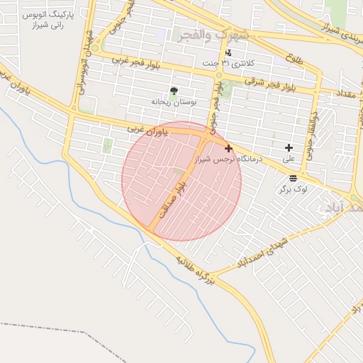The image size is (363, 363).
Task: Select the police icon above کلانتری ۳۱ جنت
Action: click(x=228, y=53)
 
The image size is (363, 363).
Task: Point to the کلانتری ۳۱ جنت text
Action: click(x=227, y=65)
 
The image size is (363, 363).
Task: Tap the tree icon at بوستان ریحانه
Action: click(x=174, y=90)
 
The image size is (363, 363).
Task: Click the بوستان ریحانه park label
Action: click(x=170, y=101)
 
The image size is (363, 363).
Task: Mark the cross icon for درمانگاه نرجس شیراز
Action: click(x=228, y=148)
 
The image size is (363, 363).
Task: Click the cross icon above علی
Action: click(x=289, y=148)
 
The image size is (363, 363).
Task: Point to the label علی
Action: click(x=289, y=160)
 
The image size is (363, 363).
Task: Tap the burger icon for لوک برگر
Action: click(x=294, y=178)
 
